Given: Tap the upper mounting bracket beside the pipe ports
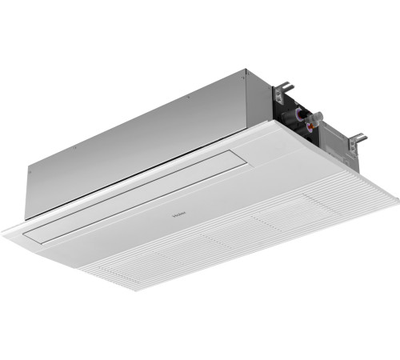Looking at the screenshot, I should (282, 86).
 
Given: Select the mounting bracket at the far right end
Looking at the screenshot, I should (360, 139).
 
